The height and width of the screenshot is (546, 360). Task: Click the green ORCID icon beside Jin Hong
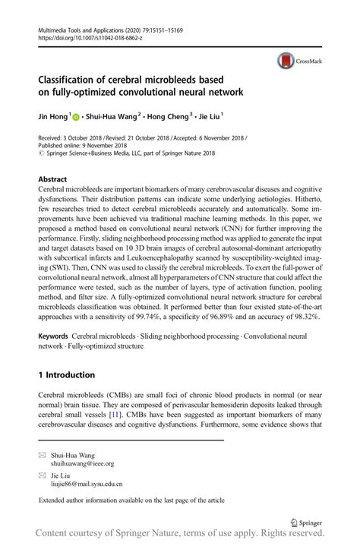(x=77, y=118)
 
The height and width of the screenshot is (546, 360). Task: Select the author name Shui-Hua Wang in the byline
(x=113, y=118)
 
